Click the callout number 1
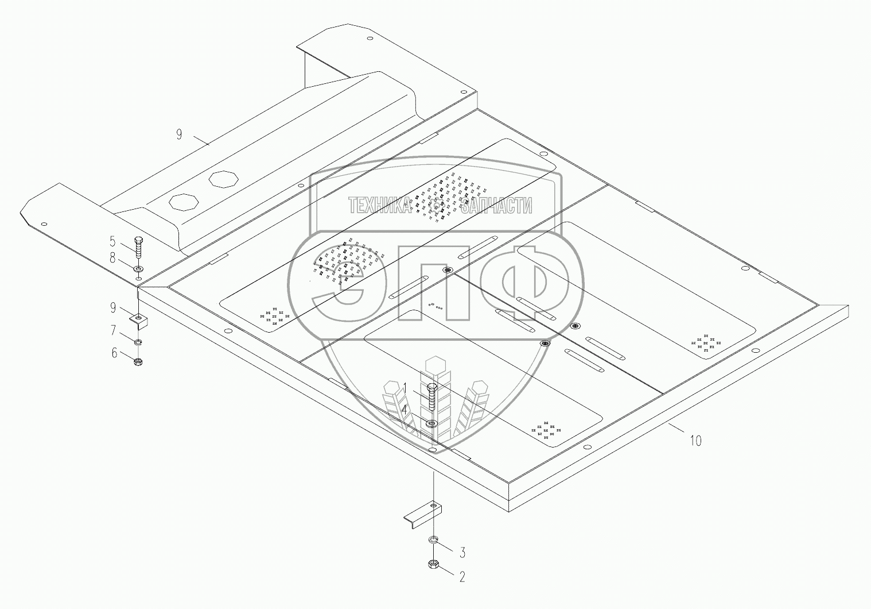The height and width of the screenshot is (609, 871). (405, 388)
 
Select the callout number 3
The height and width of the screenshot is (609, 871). (462, 552)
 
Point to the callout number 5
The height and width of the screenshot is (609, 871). (112, 241)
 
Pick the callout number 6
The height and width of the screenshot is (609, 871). (114, 353)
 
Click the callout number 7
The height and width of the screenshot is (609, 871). (113, 330)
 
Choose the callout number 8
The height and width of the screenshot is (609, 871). (112, 258)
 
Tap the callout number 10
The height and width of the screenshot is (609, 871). (695, 441)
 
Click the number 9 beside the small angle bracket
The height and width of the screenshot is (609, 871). (113, 307)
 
